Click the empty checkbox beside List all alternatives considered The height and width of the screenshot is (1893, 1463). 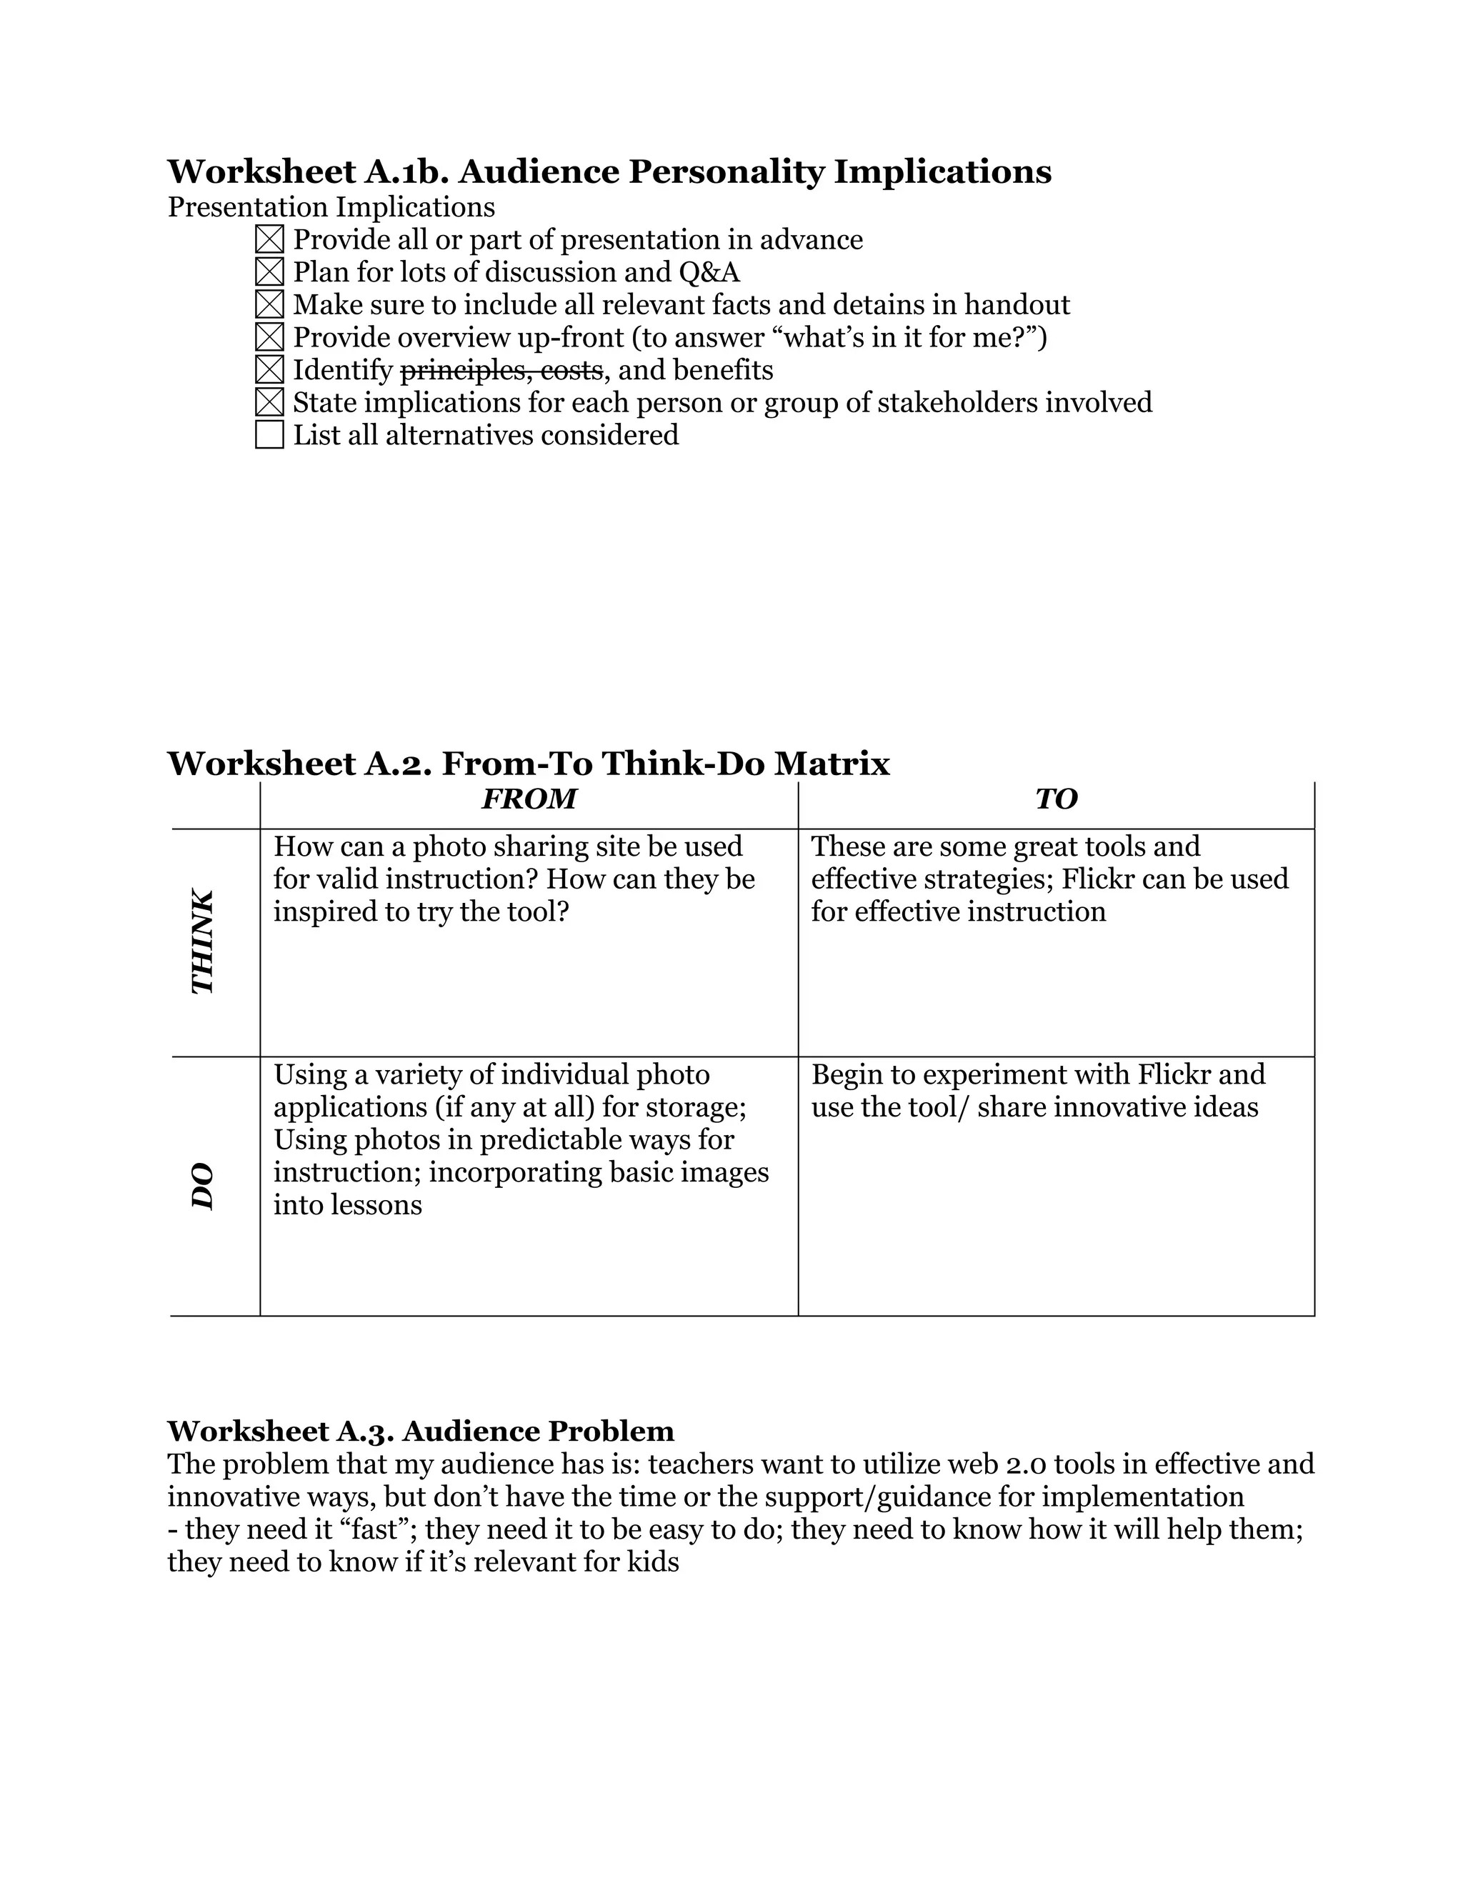pyautogui.click(x=269, y=434)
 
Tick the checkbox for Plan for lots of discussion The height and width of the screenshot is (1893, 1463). pyautogui.click(x=269, y=272)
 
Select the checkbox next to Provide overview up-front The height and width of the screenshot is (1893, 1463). pyautogui.click(x=269, y=337)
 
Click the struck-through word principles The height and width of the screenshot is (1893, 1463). pyautogui.click(x=459, y=370)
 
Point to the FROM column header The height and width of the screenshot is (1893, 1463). pyautogui.click(x=529, y=799)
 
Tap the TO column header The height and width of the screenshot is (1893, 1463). pyautogui.click(x=1056, y=799)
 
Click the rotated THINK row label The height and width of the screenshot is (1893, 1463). pyautogui.click(x=202, y=941)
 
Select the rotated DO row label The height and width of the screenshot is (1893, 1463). pyautogui.click(x=202, y=1186)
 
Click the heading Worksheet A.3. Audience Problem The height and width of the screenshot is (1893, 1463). pyautogui.click(x=420, y=1430)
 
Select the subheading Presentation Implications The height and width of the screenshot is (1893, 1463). pyautogui.click(x=331, y=207)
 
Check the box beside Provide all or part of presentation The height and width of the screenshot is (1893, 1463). pyautogui.click(x=269, y=240)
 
